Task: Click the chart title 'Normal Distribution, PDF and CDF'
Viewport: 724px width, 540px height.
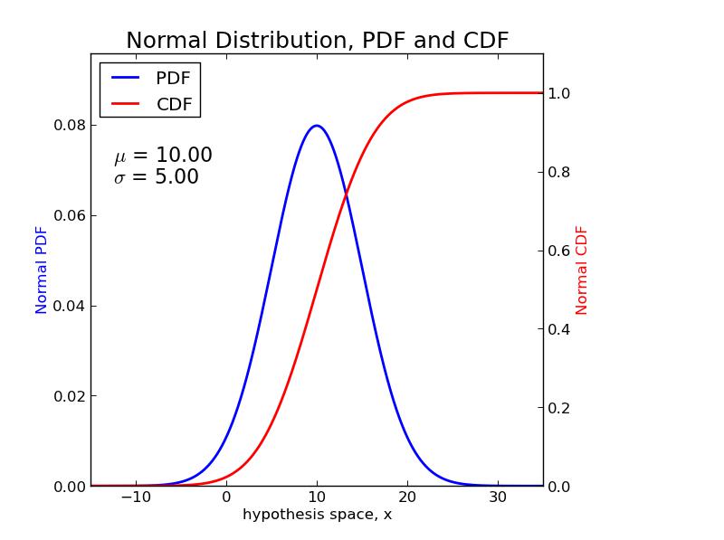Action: click(317, 41)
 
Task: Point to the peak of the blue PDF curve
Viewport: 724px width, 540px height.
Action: click(316, 126)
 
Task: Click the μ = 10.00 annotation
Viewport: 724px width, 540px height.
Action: click(163, 156)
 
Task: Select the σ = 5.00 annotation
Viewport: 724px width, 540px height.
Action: click(156, 177)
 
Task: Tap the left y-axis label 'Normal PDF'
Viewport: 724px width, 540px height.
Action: click(42, 270)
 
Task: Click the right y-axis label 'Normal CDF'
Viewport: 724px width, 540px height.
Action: click(582, 270)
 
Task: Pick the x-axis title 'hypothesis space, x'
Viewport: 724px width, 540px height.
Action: click(317, 515)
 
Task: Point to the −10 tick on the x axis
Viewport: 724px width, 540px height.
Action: click(135, 497)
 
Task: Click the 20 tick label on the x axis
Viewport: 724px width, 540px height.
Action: click(407, 497)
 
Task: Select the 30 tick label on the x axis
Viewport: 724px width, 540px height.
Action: click(497, 497)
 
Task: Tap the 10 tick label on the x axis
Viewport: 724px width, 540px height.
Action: click(317, 497)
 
